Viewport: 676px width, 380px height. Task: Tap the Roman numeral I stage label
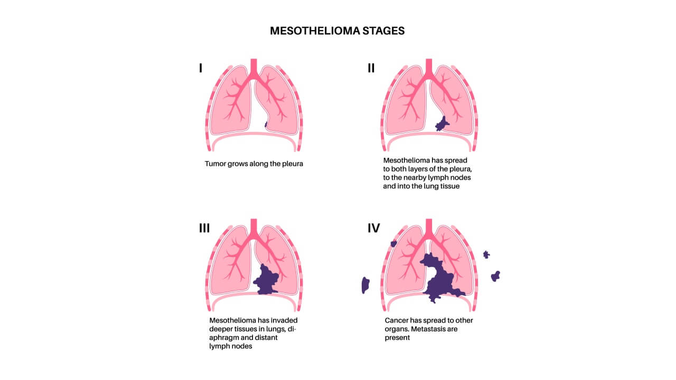(x=200, y=68)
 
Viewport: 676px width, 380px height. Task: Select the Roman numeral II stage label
(x=371, y=68)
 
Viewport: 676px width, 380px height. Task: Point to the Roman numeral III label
(x=204, y=228)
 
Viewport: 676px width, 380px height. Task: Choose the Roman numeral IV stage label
(x=374, y=228)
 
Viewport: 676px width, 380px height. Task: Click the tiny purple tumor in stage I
(x=266, y=125)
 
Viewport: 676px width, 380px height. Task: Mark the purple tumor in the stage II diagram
(x=440, y=125)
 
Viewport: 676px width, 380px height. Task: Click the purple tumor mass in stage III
(x=267, y=279)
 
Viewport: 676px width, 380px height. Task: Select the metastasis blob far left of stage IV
(x=365, y=285)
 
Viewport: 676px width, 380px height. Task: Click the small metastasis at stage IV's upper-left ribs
(x=393, y=243)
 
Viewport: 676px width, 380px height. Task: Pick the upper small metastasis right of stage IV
(x=486, y=254)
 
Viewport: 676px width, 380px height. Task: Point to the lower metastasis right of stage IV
(x=495, y=276)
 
